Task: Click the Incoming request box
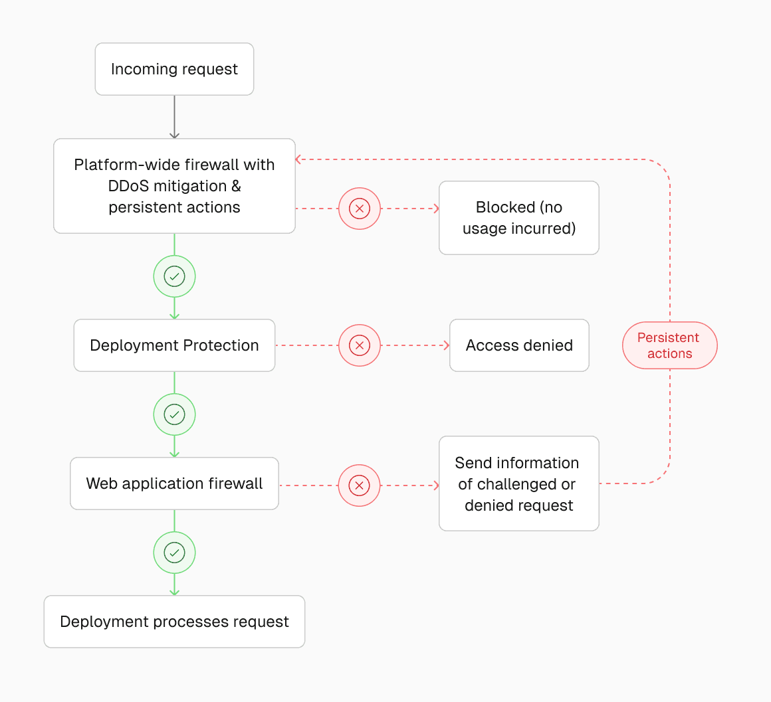coord(174,69)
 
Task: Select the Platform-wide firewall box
coord(174,186)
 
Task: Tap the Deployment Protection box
coord(174,345)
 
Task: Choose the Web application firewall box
coord(174,483)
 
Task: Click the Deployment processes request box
coord(174,622)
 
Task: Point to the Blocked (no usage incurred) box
coord(518,218)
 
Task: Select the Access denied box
coord(518,345)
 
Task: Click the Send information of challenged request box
coord(518,483)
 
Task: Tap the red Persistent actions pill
coord(669,345)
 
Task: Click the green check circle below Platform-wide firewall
coord(174,276)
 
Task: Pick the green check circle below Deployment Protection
coord(174,414)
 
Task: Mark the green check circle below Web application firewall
coord(174,553)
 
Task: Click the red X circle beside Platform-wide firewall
coord(360,209)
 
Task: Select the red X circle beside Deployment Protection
coord(360,345)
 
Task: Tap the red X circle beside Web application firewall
coord(360,485)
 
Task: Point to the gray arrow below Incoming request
coord(174,117)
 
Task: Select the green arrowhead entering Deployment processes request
coord(174,591)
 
